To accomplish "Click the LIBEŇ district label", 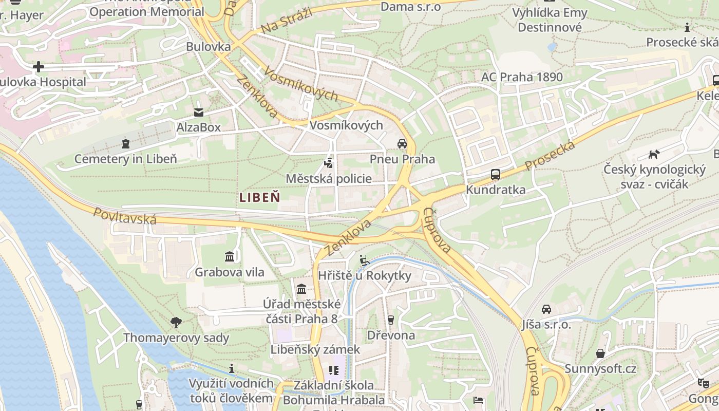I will tap(260, 197).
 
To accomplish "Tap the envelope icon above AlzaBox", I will tap(198, 113).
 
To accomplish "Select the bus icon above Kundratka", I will tap(495, 175).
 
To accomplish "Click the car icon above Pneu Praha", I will tap(402, 144).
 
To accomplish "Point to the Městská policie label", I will tap(329, 179).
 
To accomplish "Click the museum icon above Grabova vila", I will tap(230, 256).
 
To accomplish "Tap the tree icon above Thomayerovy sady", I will tap(176, 323).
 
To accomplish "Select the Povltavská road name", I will tap(125, 215).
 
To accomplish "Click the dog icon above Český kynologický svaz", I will tap(653, 154).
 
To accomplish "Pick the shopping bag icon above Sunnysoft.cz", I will tap(600, 353).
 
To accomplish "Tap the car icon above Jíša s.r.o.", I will tap(546, 309).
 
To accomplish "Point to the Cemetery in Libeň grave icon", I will tap(126, 143).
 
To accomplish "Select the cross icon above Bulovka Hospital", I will tap(39, 67).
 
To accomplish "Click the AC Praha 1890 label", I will tap(522, 78).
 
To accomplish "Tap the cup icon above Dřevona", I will tap(390, 320).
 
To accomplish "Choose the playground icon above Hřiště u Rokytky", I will tap(365, 260).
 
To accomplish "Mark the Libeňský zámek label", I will tap(315, 349).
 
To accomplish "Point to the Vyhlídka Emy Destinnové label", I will tap(550, 20).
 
